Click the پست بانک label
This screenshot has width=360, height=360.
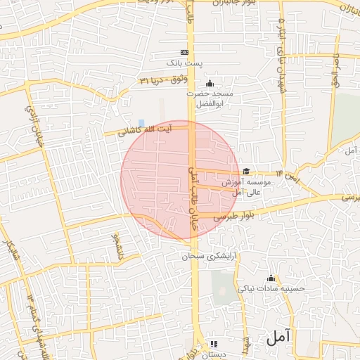click(x=184, y=63)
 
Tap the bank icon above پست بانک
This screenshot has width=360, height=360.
click(x=185, y=52)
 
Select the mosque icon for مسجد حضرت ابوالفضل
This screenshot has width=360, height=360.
click(x=209, y=84)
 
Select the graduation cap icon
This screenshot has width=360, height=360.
click(x=246, y=171)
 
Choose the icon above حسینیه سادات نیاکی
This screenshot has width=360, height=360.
click(x=271, y=278)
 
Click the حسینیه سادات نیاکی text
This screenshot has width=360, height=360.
click(x=271, y=288)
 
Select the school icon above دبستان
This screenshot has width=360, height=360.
click(x=214, y=344)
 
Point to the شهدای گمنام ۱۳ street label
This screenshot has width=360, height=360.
click(x=32, y=309)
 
